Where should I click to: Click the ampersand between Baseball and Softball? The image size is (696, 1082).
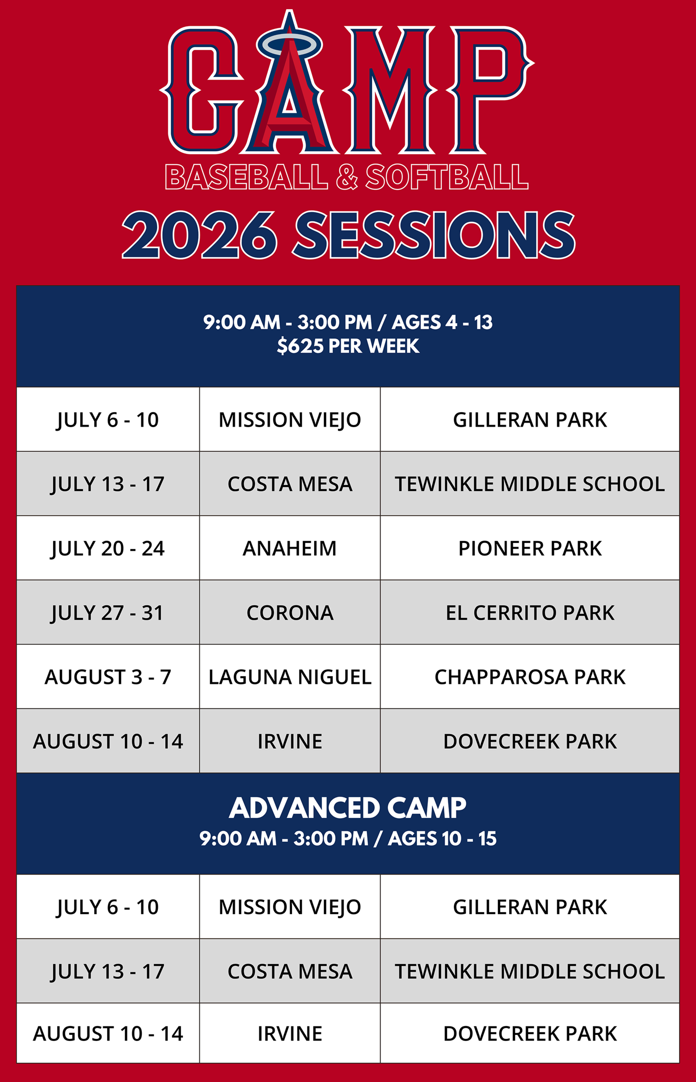[x=347, y=177]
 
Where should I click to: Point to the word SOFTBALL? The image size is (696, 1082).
[x=447, y=177]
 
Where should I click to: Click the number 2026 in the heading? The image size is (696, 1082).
[x=199, y=235]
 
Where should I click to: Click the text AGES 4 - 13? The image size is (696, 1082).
[x=442, y=322]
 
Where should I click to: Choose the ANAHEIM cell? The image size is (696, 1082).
[x=290, y=548]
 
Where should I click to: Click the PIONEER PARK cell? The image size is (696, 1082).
[x=530, y=548]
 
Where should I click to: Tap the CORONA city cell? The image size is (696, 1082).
[x=290, y=613]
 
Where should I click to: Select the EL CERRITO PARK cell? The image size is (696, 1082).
[x=530, y=613]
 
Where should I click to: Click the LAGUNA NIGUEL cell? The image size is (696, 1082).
[x=290, y=677]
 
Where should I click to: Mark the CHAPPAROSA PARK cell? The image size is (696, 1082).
[x=530, y=677]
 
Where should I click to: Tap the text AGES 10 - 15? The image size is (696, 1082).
[x=442, y=839]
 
